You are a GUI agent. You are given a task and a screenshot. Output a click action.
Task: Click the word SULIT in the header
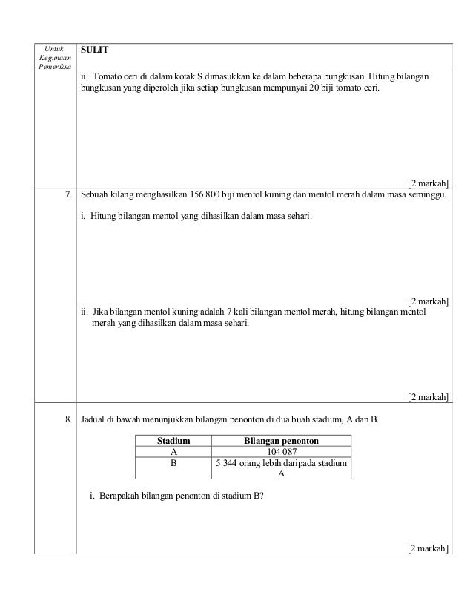coord(95,50)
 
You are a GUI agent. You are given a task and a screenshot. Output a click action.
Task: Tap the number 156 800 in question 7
coord(210,196)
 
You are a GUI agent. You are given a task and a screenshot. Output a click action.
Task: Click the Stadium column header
coord(173,441)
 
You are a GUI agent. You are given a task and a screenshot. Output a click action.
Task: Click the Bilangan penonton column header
coord(281,441)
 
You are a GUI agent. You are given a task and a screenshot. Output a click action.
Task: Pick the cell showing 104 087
coord(281,452)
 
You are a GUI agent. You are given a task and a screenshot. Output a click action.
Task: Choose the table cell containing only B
coord(173,462)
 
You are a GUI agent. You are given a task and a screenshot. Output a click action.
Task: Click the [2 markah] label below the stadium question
coord(429,549)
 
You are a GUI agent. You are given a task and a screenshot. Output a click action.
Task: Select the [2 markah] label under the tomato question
coord(429,183)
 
